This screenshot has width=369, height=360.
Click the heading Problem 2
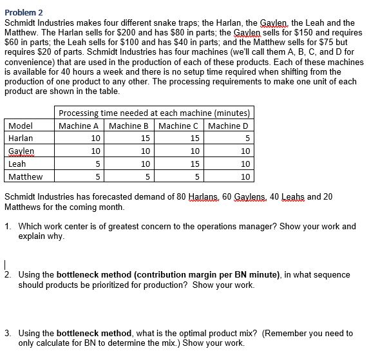[x=24, y=11]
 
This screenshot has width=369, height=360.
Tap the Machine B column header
[x=129, y=126]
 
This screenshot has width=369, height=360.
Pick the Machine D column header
[x=228, y=126]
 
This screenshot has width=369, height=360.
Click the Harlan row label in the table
[x=21, y=138]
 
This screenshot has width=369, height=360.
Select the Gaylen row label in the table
[x=21, y=151]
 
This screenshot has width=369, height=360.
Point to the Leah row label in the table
[x=17, y=164]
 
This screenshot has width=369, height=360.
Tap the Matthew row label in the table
[x=26, y=176]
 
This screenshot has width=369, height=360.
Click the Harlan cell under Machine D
[x=245, y=138]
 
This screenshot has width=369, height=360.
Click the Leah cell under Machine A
[x=97, y=164]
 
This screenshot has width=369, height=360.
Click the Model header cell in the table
[x=21, y=126]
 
